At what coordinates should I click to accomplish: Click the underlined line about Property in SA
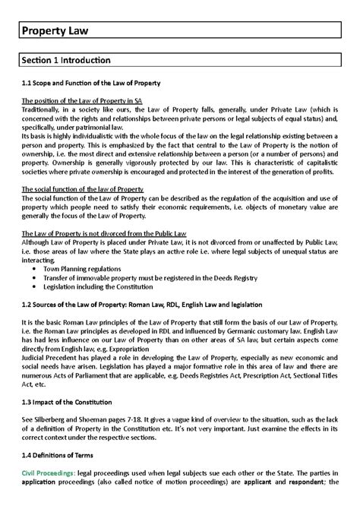click(71, 100)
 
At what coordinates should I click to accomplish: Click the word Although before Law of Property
click(37, 239)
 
